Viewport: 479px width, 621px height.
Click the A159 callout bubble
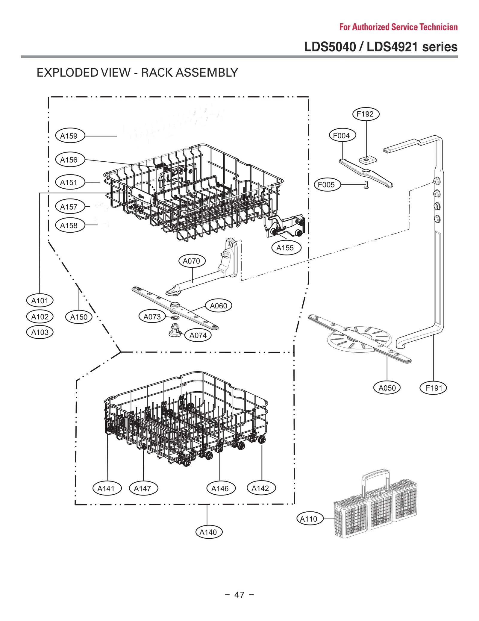click(70, 136)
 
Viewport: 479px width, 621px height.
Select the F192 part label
click(366, 114)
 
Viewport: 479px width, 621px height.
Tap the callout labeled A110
click(310, 519)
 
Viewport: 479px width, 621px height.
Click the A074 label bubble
click(198, 335)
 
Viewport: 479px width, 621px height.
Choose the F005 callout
click(327, 185)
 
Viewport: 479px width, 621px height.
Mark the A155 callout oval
click(286, 248)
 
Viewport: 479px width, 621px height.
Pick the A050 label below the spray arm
click(387, 388)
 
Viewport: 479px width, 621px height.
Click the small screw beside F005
click(366, 185)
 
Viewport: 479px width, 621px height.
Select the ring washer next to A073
click(175, 317)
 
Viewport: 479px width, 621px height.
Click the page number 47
click(239, 594)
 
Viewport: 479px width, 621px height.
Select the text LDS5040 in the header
click(330, 47)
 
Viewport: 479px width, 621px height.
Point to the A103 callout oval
click(40, 332)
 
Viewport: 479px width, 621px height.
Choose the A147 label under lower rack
click(143, 488)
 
